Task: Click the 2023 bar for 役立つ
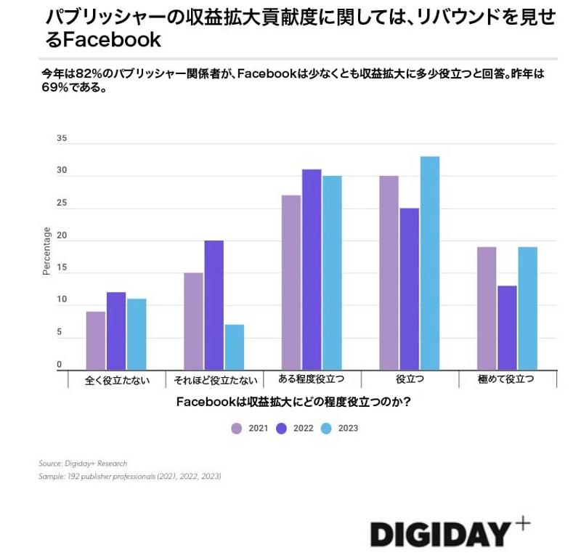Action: pyautogui.click(x=430, y=263)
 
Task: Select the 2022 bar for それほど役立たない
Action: pyautogui.click(x=214, y=305)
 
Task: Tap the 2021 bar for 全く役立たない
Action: pyautogui.click(x=96, y=341)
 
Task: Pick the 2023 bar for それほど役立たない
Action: pyautogui.click(x=235, y=347)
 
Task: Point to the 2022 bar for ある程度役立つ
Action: pyautogui.click(x=312, y=270)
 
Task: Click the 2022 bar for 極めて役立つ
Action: pyautogui.click(x=508, y=328)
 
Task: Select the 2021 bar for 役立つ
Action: pyautogui.click(x=389, y=273)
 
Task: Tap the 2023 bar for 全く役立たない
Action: pyautogui.click(x=137, y=334)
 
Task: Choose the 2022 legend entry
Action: pyautogui.click(x=294, y=429)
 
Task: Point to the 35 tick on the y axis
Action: pyautogui.click(x=62, y=139)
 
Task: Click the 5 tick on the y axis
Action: pyautogui.click(x=62, y=333)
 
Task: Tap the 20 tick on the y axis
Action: pyautogui.click(x=62, y=235)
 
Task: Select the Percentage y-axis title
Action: pyautogui.click(x=46, y=251)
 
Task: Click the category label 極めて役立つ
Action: pyautogui.click(x=507, y=379)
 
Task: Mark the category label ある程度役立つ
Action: pyautogui.click(x=312, y=379)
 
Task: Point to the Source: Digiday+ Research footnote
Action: pyautogui.click(x=84, y=463)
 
